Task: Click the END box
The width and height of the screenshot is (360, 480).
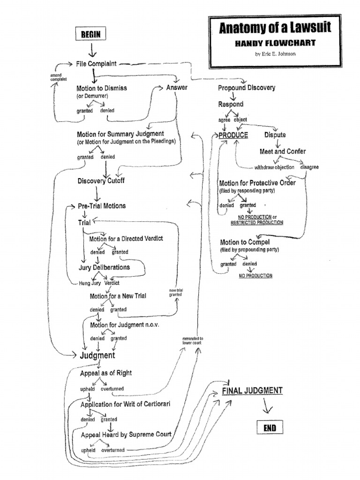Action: [270, 428]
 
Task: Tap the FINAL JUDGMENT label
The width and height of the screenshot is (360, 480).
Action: [252, 390]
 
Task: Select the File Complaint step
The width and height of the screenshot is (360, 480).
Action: [96, 63]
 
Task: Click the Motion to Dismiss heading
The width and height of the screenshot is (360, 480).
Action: [101, 88]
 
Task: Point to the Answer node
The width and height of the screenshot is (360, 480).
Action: [177, 87]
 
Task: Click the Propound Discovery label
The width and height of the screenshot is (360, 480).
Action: [247, 88]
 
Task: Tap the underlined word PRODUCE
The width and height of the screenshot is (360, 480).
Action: [233, 135]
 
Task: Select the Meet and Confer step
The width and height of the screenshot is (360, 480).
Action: [283, 151]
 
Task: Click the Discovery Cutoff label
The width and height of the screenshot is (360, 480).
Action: [101, 181]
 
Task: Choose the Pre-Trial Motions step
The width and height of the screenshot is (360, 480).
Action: [102, 206]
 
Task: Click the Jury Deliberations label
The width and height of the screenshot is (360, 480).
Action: [104, 267]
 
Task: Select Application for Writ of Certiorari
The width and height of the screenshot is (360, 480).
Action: [124, 404]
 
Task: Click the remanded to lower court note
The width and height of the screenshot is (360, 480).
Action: [193, 340]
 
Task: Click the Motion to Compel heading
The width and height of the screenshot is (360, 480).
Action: [245, 242]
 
